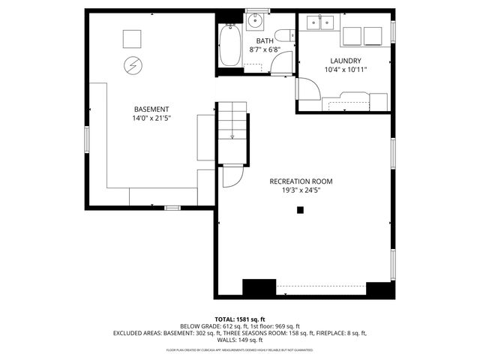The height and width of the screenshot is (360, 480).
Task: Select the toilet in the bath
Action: coord(282,35)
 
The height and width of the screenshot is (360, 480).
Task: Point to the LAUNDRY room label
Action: coord(345,61)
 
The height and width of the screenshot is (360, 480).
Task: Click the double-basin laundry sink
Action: coord(320,23)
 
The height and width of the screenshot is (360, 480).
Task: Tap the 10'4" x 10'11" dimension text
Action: coord(345,70)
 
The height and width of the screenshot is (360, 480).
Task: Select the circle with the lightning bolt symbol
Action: coord(132,65)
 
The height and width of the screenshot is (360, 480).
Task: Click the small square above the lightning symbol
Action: coord(132,38)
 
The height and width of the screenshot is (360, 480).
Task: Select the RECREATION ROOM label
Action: coord(301,181)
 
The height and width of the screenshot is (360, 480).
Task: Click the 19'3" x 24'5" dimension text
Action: coord(301,190)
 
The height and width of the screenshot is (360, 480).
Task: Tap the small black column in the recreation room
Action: coord(300,211)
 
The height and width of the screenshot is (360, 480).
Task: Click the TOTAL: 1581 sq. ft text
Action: coord(240,319)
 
